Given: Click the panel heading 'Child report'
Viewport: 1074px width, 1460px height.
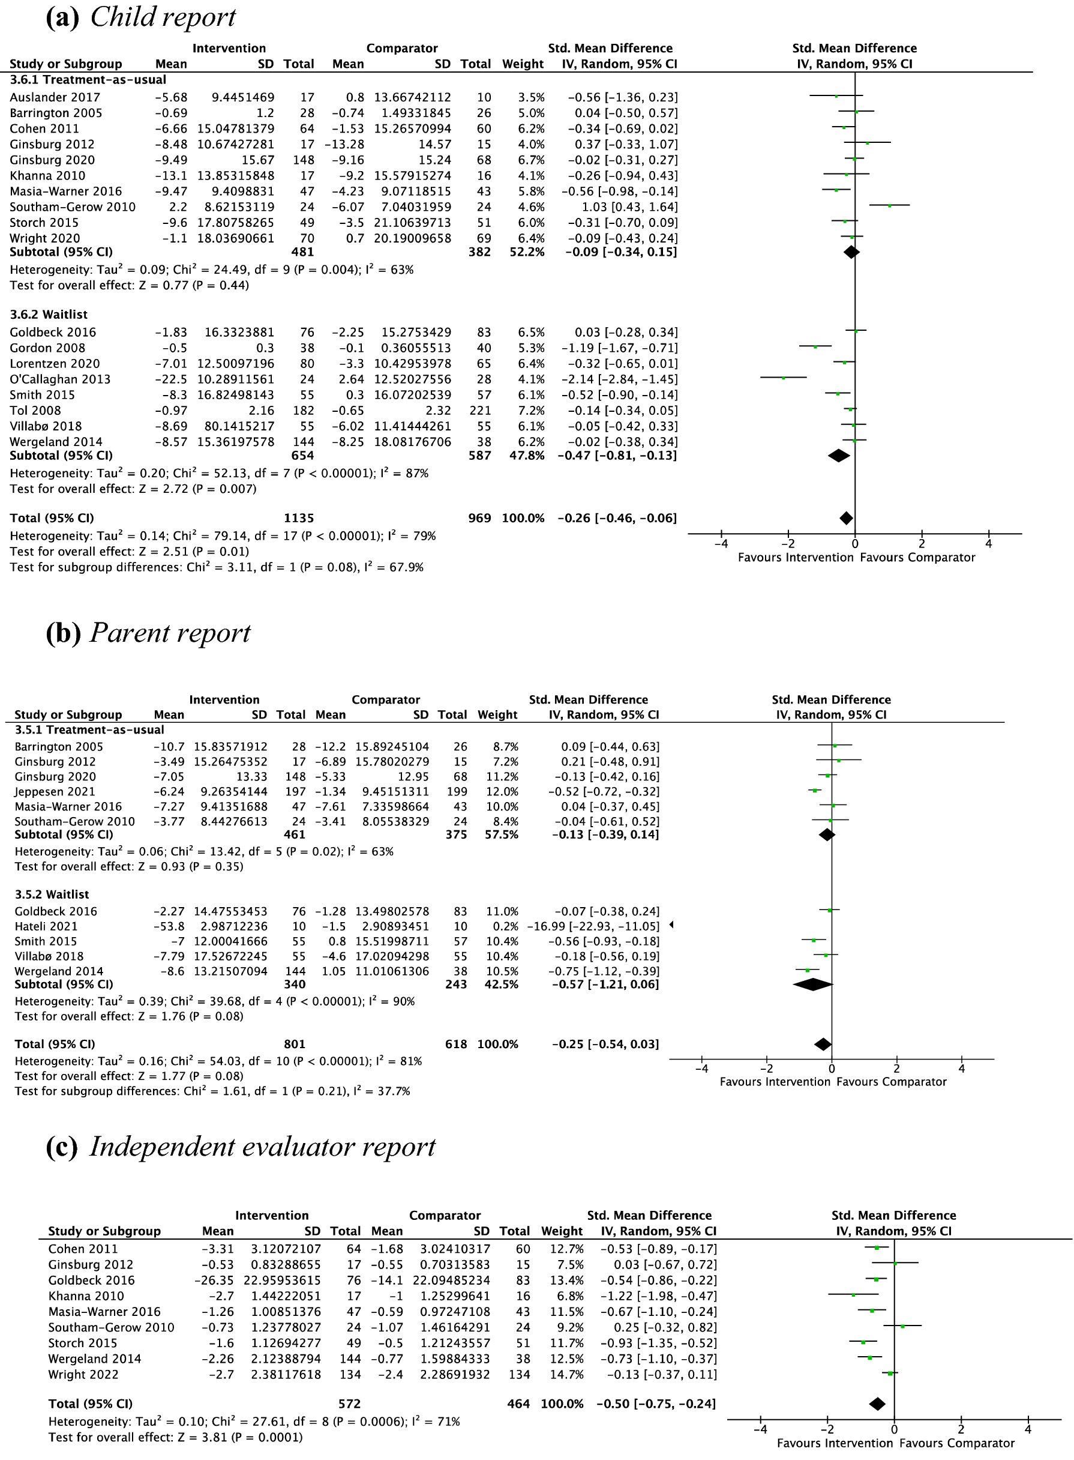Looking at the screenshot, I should [163, 17].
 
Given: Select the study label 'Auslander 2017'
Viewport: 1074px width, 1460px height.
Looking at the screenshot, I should [55, 97].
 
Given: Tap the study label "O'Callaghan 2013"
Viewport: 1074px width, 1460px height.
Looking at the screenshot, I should [60, 379].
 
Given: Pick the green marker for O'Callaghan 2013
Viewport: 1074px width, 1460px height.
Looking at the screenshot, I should [784, 378].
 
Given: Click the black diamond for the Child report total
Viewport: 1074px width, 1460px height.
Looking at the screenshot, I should [846, 518].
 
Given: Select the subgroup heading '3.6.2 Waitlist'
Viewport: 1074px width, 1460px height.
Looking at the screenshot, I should [48, 314].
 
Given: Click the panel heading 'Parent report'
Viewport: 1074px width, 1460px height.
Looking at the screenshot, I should [170, 633].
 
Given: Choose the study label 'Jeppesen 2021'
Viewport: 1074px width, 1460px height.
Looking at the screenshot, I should [55, 791].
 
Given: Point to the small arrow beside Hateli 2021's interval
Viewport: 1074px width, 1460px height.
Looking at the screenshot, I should [671, 924].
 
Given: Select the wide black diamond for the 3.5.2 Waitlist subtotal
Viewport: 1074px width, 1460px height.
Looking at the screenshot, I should [812, 985].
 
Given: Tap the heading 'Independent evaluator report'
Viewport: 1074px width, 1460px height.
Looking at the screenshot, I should [262, 1147].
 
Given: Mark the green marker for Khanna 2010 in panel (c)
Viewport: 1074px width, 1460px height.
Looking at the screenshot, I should [854, 1296].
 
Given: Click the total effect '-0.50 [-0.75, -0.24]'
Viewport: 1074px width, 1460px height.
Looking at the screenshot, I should [656, 1404].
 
